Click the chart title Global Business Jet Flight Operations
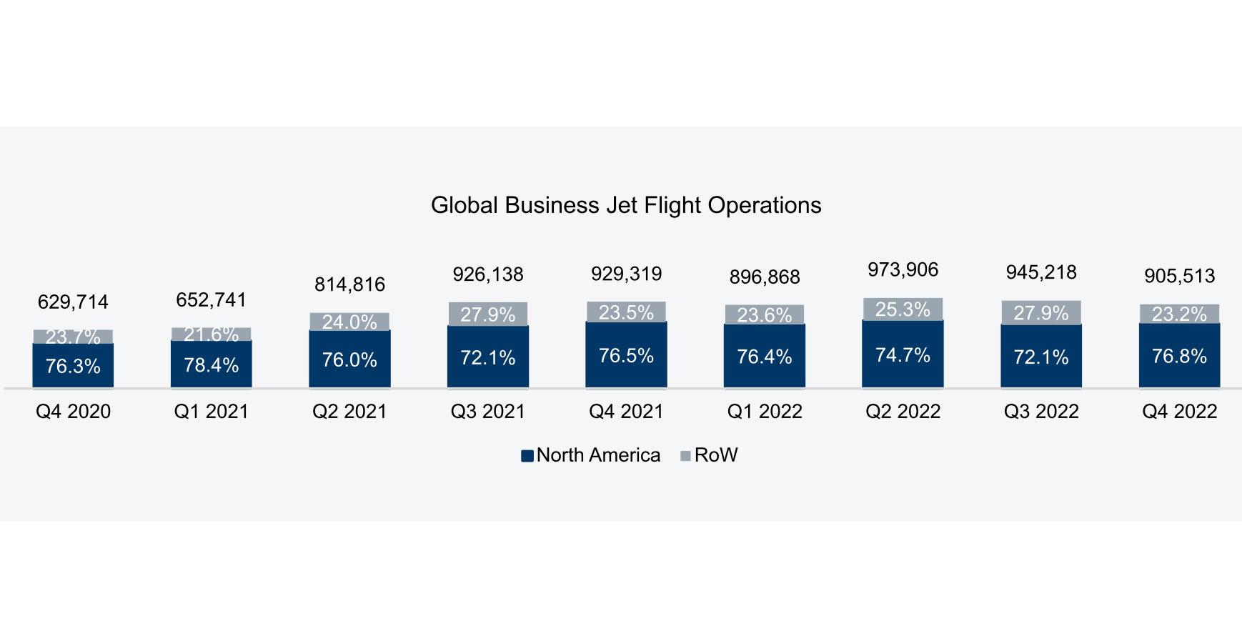tap(626, 206)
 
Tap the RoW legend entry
tap(708, 455)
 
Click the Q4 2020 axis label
tap(73, 412)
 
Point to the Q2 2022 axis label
tap(903, 412)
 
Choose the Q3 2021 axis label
tap(487, 412)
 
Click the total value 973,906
tap(903, 270)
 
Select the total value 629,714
tap(73, 302)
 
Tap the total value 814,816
tap(349, 284)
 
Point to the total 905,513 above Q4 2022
tap(1179, 276)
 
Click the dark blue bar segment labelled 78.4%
tap(211, 364)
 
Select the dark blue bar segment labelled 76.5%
tap(626, 355)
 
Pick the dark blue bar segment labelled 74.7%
tap(903, 354)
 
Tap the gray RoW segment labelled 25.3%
tap(903, 309)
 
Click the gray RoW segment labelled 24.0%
tap(349, 322)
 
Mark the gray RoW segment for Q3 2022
tap(1040, 313)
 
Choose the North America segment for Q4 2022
tap(1179, 356)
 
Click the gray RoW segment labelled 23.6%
tap(764, 314)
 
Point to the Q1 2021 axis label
tap(211, 412)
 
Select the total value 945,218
tap(1040, 272)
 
